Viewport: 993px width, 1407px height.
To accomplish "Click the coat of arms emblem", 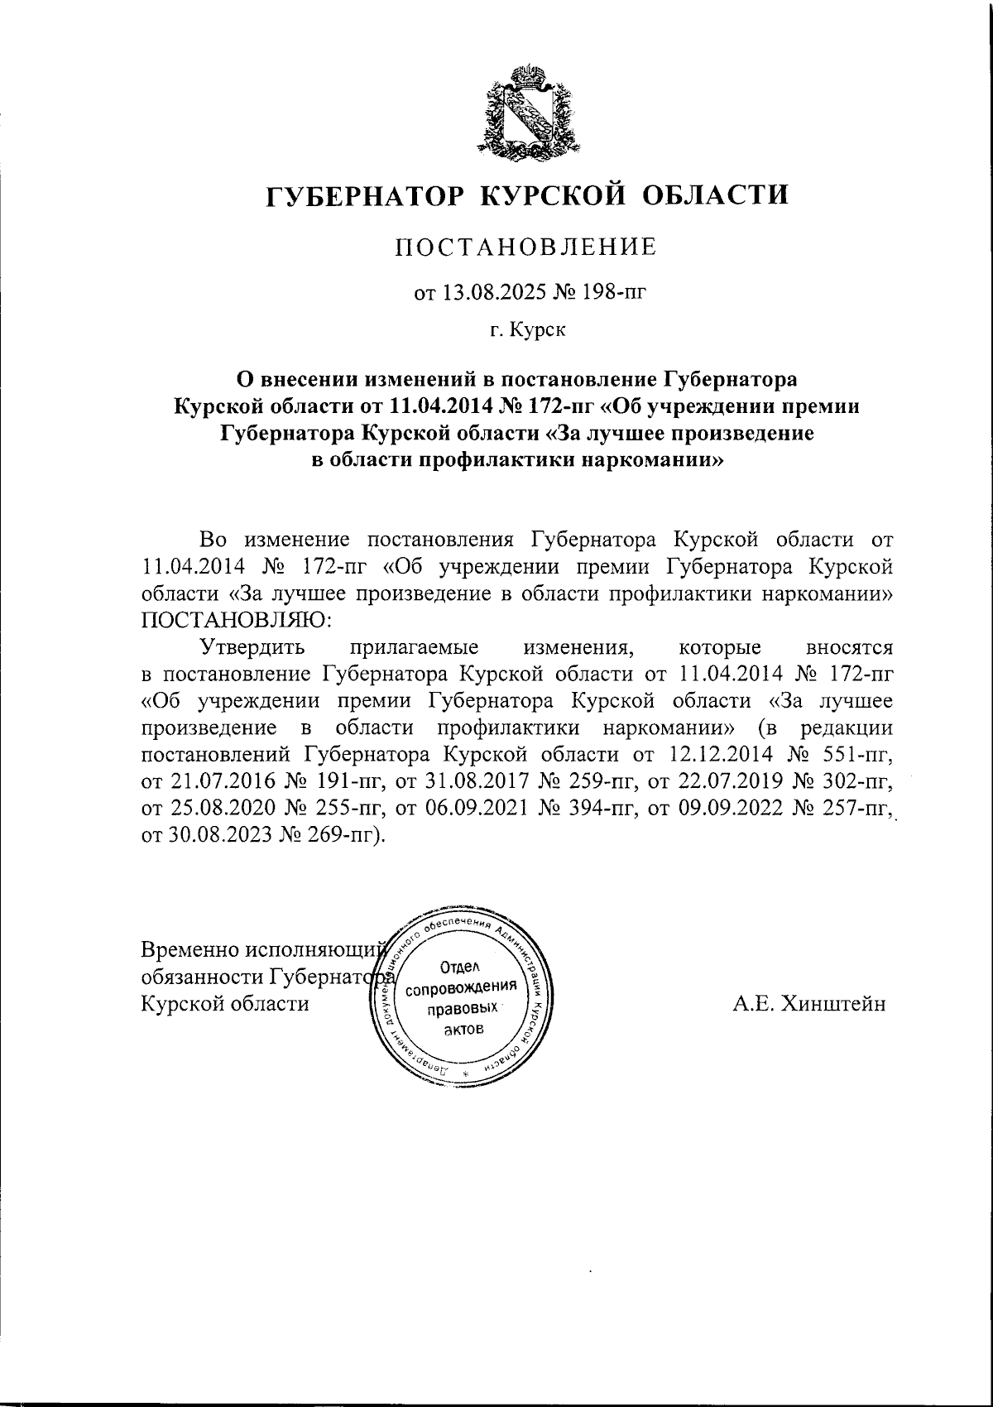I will coord(527,113).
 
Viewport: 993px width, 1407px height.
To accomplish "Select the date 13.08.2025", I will coord(486,291).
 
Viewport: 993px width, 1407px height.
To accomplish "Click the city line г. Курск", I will coord(527,331).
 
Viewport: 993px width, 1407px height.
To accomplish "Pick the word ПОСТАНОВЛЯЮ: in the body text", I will coord(237,620).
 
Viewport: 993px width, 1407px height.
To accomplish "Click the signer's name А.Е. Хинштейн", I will coord(808,1004).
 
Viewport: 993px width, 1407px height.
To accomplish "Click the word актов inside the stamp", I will coord(463,1030).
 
